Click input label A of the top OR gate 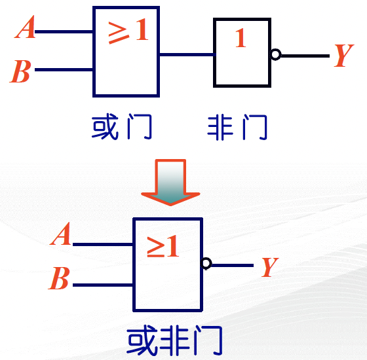pos(25,27)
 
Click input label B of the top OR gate pos(20,71)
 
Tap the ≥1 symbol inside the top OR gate pos(128,31)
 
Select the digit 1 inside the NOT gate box pos(241,38)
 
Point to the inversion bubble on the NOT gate pos(275,55)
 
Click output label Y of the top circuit pos(343,55)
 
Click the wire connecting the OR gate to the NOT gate pos(187,55)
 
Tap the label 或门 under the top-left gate pos(122,127)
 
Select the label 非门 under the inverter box pos(237,127)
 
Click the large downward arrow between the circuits pos(170,183)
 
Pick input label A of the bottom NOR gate pos(60,233)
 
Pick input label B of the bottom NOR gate pos(59,278)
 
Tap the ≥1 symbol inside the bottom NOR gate pos(163,246)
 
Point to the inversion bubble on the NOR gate pos(206,263)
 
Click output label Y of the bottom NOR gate pos(270,267)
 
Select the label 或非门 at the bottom pos(174,340)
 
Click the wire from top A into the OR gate pos(64,31)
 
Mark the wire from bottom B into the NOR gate pos(103,285)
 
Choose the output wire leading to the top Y pos(305,56)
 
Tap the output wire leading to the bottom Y pos(233,265)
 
